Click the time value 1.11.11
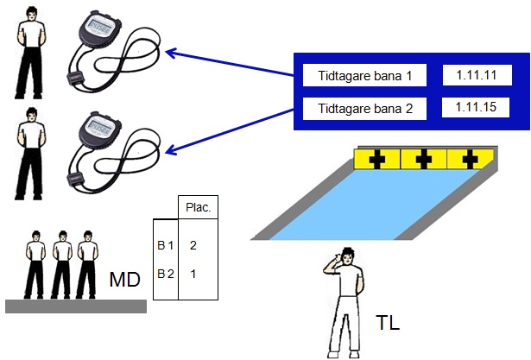tap(477, 75)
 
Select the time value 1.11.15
tap(477, 108)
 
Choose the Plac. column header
tap(199, 208)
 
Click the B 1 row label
tap(165, 246)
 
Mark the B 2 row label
tap(165, 274)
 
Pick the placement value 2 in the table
tap(193, 246)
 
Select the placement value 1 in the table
tap(193, 274)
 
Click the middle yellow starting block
tap(424, 159)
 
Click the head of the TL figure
tap(345, 256)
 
